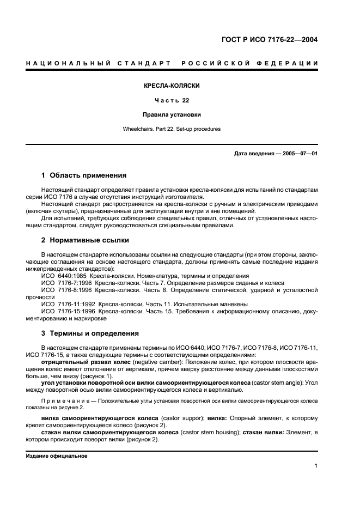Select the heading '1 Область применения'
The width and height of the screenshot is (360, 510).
[84, 175]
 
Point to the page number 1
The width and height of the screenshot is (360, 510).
[316, 466]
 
